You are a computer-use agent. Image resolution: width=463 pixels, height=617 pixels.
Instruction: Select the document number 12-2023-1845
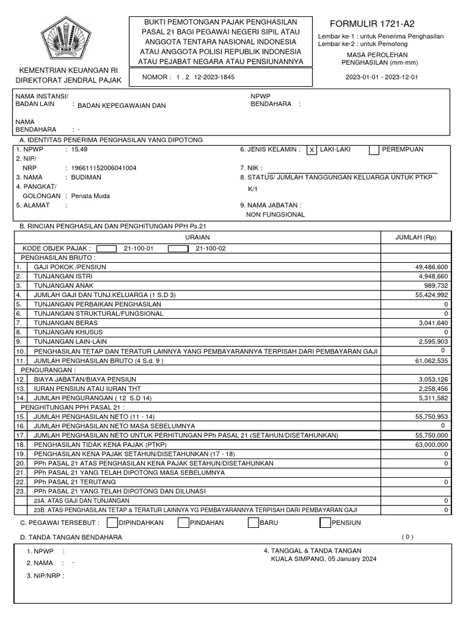214,77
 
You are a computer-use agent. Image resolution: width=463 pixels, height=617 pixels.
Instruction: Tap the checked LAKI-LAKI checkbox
311,151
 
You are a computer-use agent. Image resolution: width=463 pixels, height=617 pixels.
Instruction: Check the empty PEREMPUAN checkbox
374,151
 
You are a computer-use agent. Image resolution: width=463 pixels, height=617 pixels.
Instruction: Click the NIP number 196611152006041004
104,168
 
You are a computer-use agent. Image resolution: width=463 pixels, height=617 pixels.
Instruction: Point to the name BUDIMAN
86,178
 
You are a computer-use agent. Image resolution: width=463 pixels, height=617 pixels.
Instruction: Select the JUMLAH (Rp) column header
415,237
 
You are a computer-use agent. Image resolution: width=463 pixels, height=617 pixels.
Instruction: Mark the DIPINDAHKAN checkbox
112,522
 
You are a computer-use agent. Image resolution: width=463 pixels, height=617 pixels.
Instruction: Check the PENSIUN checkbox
325,522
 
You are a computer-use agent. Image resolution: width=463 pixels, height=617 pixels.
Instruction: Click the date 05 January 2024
352,559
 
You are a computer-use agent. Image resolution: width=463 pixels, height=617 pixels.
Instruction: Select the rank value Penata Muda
90,196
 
